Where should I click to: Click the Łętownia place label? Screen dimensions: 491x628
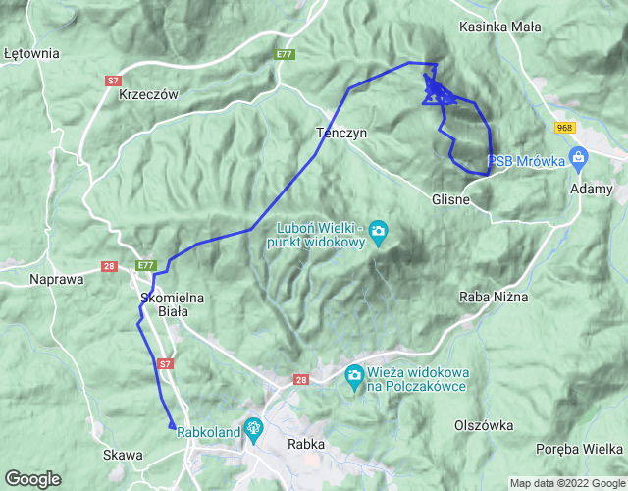pos(31,53)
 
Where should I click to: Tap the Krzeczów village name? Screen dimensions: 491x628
pos(147,95)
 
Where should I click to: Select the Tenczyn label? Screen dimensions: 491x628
pos(340,132)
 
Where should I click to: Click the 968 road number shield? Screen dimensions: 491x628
pos(564,128)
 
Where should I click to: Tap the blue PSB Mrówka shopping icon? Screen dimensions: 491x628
pos(578,157)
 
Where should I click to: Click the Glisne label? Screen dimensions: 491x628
pos(451,199)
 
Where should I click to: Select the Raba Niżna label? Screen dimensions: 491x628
pos(494,296)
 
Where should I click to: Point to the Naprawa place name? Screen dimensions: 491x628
pos(56,279)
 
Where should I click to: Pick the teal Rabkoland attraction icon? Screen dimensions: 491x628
pos(254,428)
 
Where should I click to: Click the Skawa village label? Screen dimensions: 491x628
pos(123,455)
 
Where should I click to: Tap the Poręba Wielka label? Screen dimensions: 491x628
pos(578,449)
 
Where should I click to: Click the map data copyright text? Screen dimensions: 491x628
pos(565,483)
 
